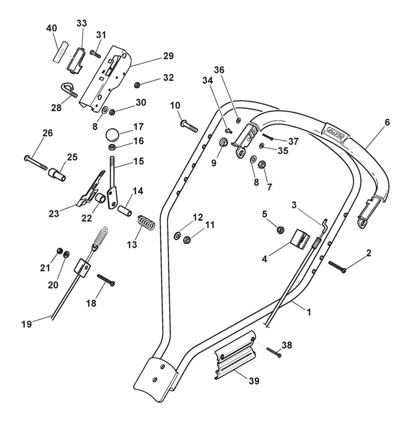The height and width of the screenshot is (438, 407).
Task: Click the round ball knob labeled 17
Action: pyautogui.click(x=112, y=135)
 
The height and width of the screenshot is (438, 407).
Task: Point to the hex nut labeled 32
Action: pyautogui.click(x=137, y=85)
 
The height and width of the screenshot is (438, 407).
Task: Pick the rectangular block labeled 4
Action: pyautogui.click(x=300, y=239)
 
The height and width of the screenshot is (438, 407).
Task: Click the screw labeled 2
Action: pyautogui.click(x=337, y=266)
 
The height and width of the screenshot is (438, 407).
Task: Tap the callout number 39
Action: pyautogui.click(x=254, y=380)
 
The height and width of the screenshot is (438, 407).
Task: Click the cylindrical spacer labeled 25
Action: pyautogui.click(x=58, y=174)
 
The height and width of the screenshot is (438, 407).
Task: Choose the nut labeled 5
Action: pyautogui.click(x=280, y=230)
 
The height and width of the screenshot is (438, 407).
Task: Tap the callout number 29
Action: pyautogui.click(x=168, y=56)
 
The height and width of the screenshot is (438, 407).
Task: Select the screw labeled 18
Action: pyautogui.click(x=106, y=280)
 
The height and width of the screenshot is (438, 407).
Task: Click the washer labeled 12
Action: pyautogui.click(x=177, y=236)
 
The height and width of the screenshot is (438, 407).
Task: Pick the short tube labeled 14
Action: pyautogui.click(x=124, y=211)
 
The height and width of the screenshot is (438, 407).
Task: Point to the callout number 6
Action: pyautogui.click(x=387, y=122)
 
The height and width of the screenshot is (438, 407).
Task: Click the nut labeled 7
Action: pyautogui.click(x=262, y=164)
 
